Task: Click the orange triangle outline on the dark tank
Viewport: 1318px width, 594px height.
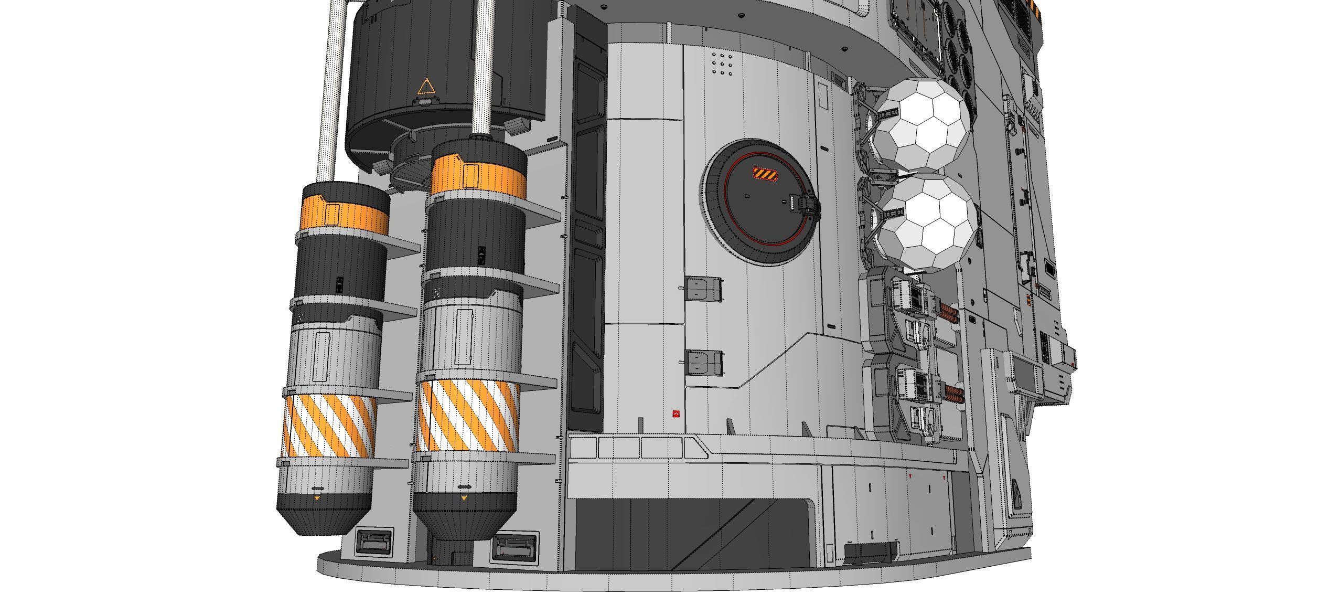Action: point(425,87)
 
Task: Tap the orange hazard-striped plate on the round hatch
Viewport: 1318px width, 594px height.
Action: point(766,174)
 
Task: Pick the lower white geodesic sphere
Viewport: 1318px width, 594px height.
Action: point(927,224)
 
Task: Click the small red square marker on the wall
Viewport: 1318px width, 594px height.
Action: point(676,415)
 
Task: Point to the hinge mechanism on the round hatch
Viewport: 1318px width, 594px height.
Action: point(808,206)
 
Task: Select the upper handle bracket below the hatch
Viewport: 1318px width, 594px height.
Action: point(703,289)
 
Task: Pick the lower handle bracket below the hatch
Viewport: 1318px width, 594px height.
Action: point(703,362)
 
